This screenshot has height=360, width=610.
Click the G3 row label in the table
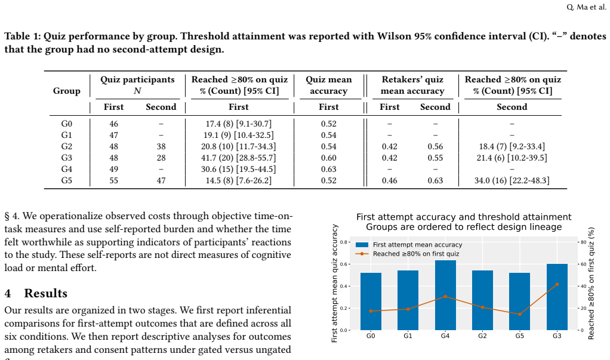[66, 158]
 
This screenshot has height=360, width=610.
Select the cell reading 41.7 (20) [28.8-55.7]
[239, 158]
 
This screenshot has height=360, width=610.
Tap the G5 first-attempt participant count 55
[113, 180]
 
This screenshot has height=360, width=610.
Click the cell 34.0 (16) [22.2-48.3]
[512, 180]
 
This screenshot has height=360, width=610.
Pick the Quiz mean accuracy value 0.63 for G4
[329, 170]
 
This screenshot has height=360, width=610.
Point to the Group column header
[66, 91]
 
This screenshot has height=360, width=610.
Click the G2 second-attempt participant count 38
[161, 146]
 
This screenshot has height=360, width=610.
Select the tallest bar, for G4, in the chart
[445, 295]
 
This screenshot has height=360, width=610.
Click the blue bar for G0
[371, 301]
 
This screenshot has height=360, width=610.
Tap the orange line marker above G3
[557, 285]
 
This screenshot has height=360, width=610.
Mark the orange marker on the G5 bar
[520, 314]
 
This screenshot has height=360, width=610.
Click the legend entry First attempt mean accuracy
[409, 245]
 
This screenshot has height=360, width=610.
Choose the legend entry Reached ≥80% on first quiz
[407, 254]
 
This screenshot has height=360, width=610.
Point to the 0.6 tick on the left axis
[343, 264]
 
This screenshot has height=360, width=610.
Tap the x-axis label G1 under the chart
[408, 336]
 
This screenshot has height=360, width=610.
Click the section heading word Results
[46, 293]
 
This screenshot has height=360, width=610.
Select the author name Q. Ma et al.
[586, 7]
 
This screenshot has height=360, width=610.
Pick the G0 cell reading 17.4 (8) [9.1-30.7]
[239, 124]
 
